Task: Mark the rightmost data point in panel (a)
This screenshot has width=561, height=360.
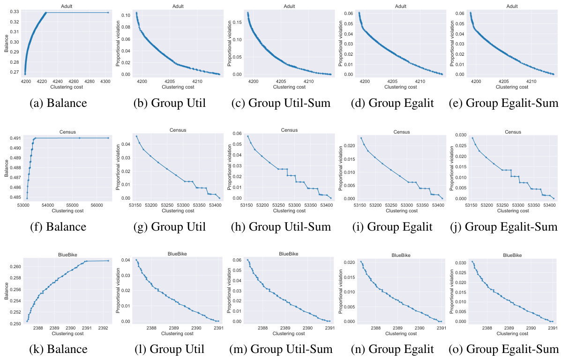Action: click(108, 13)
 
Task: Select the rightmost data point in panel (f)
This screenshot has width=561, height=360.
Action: click(108, 138)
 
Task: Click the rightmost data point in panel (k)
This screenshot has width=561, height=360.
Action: click(108, 261)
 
